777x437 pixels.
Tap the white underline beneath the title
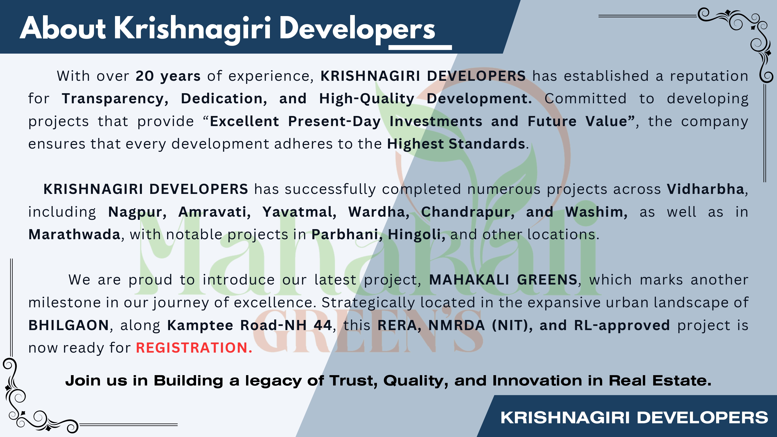coord(420,47)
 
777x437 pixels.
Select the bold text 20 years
coord(168,76)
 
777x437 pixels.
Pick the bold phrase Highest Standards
coord(456,144)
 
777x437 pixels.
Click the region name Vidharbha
coord(705,189)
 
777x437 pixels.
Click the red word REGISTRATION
coord(194,348)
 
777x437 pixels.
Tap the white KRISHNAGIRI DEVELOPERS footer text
coord(634,418)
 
